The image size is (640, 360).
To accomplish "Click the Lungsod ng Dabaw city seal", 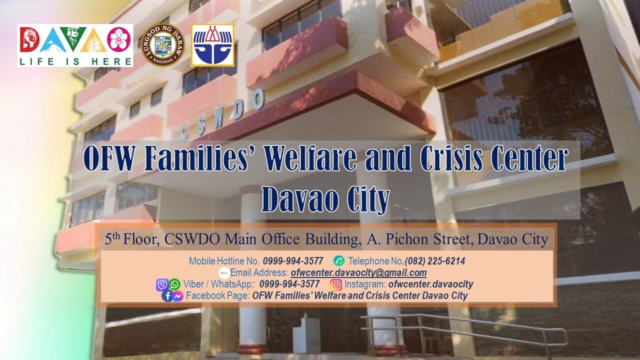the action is pos(163,45).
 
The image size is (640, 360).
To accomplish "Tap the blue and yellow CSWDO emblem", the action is pos(212,45).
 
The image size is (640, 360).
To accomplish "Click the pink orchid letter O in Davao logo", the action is pos(119,39).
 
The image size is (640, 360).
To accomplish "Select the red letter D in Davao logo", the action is pos(29,39).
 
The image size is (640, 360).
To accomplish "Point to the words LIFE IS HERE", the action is pos(75,61).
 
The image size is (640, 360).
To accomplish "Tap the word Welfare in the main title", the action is pos(310,158).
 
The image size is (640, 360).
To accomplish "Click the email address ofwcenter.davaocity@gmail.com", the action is pos(358,272).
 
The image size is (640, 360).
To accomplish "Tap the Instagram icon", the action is pos(335,284).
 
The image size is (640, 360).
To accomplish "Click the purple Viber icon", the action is pos(162,285).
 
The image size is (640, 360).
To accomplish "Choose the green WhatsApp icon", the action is pos(174,284).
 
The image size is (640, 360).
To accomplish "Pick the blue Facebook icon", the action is pos(167,296).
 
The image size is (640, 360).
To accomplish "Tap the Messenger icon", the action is pos(177,296).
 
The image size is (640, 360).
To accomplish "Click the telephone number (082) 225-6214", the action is pos(435,261).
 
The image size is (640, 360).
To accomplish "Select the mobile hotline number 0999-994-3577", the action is pos(293,261).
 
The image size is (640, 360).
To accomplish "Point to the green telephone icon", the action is pos(339,261).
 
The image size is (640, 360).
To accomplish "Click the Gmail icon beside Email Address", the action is pos(224,273).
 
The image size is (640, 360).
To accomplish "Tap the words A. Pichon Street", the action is pos(418,239).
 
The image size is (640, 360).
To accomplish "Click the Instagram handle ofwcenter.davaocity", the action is pos(430,284).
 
